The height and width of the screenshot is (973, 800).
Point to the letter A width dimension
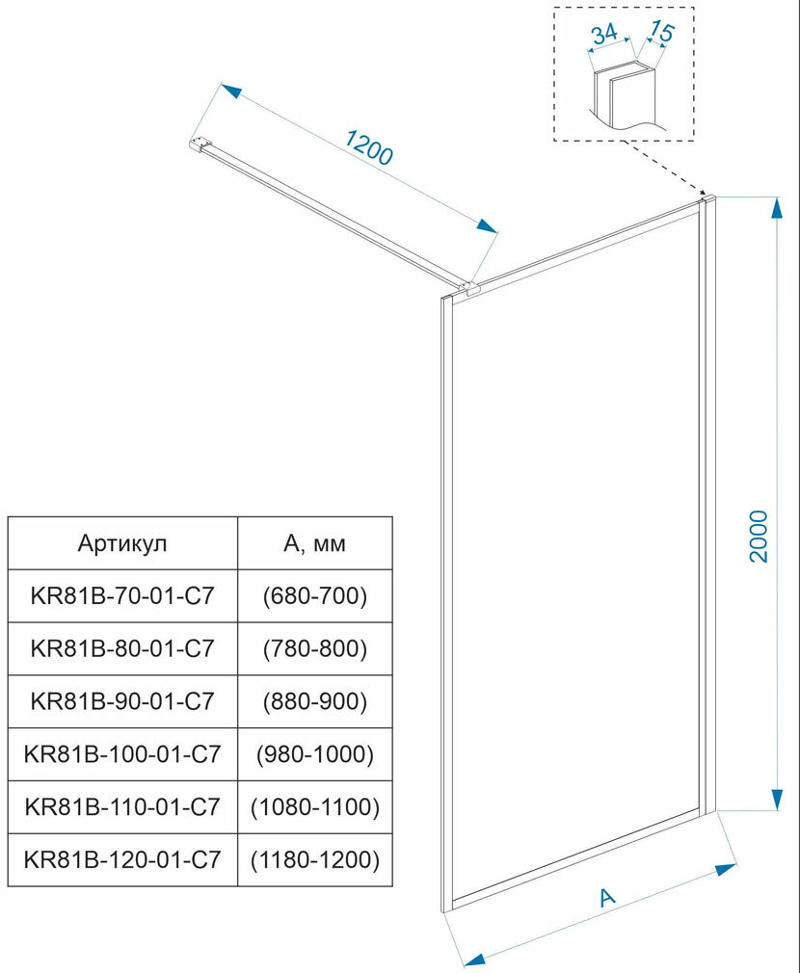click(606, 897)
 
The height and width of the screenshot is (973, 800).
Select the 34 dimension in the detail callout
click(603, 35)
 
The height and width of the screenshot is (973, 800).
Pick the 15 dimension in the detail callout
click(660, 32)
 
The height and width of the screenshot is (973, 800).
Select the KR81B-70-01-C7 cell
click(122, 597)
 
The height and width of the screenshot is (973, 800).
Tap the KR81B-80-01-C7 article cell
click(122, 649)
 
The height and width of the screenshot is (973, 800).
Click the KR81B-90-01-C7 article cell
click(122, 701)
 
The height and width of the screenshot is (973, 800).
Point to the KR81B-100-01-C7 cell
click(122, 753)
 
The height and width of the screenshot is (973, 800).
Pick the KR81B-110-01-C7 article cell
click(122, 805)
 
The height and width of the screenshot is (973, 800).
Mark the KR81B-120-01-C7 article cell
click(122, 857)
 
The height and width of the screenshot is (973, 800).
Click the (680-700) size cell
click(315, 597)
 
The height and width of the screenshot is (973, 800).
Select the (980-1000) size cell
click(315, 753)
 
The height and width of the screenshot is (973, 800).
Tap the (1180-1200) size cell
click(315, 857)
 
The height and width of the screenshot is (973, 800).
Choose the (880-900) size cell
click(315, 701)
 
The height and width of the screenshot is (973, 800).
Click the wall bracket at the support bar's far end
click(198, 145)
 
